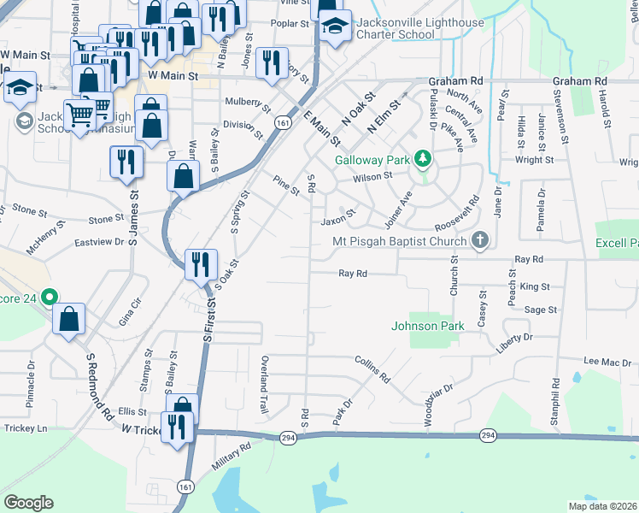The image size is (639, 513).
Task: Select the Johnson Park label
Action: pos(427,326)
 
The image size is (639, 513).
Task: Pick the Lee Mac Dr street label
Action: pos(607,363)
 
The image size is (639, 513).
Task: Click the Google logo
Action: pos(28,502)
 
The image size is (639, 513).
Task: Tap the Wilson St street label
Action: pos(375,175)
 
